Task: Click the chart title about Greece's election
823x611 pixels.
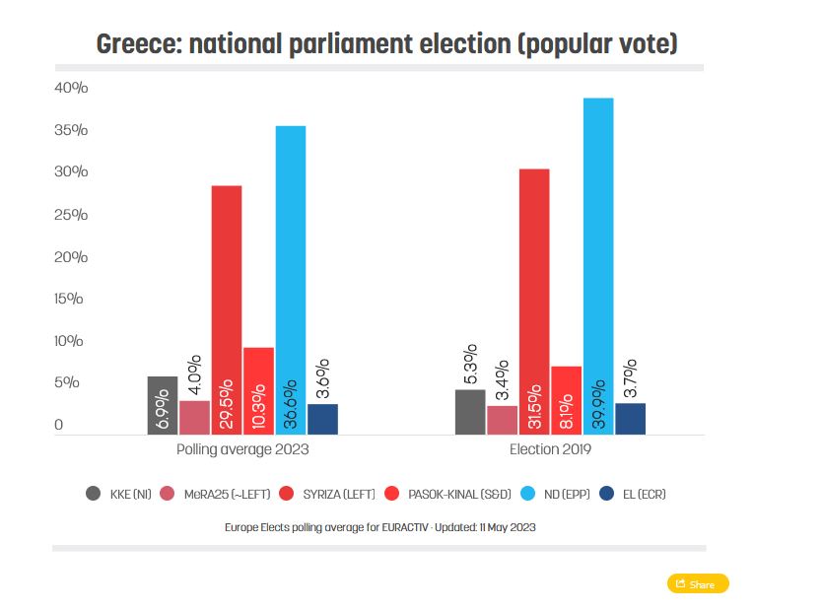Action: pos(386,44)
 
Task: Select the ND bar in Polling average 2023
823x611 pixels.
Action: pos(291,280)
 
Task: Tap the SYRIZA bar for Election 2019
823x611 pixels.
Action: pos(534,301)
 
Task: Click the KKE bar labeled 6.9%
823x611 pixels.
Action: pos(163,405)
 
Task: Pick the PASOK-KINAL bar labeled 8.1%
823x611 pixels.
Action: pos(566,400)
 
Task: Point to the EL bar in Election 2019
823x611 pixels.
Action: pos(630,418)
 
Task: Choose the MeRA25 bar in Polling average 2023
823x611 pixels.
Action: pos(194,417)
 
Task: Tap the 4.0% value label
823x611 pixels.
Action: pos(194,375)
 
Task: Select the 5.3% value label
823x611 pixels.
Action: pos(470,365)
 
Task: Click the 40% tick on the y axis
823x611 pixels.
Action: pos(72,88)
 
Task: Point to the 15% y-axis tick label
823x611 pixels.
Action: pos(70,299)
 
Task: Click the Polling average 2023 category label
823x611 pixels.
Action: pos(242,449)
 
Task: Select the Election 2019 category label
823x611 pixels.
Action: pos(550,449)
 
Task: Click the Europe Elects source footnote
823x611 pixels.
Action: pos(379,527)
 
